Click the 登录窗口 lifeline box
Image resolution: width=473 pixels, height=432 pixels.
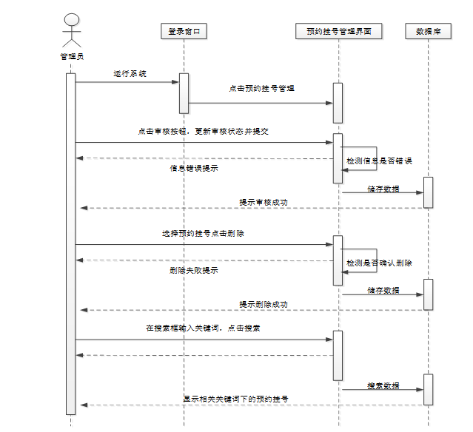tap(183, 31)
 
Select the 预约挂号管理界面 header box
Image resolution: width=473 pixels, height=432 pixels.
tap(338, 31)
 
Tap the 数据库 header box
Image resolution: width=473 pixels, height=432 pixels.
tap(428, 31)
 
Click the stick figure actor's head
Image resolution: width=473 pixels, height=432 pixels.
tap(71, 19)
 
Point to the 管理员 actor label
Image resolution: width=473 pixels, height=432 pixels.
tap(72, 56)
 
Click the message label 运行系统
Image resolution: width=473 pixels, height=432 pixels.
tap(130, 74)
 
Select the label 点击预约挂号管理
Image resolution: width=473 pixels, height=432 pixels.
tap(262, 88)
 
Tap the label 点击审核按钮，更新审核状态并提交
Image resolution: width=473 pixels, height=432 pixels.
tap(203, 131)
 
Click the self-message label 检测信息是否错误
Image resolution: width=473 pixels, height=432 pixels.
tap(379, 161)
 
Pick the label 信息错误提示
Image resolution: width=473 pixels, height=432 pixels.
tap(194, 168)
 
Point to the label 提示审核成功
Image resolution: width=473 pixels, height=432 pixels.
tap(263, 202)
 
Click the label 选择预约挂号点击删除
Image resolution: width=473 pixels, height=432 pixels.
tap(204, 233)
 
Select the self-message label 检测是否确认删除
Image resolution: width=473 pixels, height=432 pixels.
tap(379, 263)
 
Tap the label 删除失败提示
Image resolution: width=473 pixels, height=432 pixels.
tap(194, 271)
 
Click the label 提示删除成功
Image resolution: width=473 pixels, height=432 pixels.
tap(263, 304)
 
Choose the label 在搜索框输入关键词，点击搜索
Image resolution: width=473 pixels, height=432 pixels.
tap(203, 328)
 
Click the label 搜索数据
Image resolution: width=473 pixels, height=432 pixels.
tap(383, 386)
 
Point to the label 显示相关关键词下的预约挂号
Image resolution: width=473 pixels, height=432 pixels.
tap(235, 399)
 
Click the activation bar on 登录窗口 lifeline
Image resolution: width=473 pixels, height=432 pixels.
tap(184, 90)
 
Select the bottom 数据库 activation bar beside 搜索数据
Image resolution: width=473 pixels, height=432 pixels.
tap(428, 390)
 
